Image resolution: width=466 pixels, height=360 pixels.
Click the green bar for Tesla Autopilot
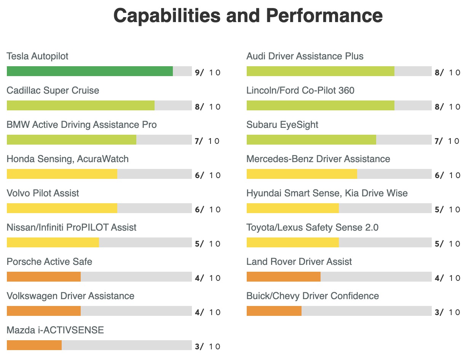[90, 71]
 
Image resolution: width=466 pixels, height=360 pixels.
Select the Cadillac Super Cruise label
[53, 91]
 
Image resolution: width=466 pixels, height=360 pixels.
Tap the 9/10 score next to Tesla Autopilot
[207, 73]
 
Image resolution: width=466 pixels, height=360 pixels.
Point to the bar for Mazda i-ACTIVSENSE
[34, 345]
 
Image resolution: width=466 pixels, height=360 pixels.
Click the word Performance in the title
[324, 16]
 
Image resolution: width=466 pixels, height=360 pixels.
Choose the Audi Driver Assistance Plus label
[305, 56]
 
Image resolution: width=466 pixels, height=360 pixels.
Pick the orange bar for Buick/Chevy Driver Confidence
[274, 311]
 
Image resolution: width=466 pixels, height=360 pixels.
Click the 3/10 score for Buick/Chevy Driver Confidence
[447, 312]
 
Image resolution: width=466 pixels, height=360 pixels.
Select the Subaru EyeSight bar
[311, 140]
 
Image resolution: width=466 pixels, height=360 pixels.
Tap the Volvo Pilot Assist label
[43, 193]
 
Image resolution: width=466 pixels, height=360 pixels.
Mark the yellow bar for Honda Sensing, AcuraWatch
[62, 174]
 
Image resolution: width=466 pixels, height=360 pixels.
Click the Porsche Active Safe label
[49, 262]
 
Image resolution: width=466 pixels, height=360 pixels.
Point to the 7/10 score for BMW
[207, 141]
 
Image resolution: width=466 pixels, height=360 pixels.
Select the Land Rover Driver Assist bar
[284, 277]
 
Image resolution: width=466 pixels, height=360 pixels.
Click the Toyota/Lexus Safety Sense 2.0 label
[313, 228]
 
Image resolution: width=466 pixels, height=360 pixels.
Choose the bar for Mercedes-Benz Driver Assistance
[302, 174]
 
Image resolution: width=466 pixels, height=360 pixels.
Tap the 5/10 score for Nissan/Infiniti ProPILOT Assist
[207, 244]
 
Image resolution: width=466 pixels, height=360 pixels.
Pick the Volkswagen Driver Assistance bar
[44, 311]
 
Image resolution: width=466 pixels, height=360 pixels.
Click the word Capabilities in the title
[167, 16]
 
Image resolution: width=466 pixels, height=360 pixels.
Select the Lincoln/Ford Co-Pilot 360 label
[300, 91]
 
